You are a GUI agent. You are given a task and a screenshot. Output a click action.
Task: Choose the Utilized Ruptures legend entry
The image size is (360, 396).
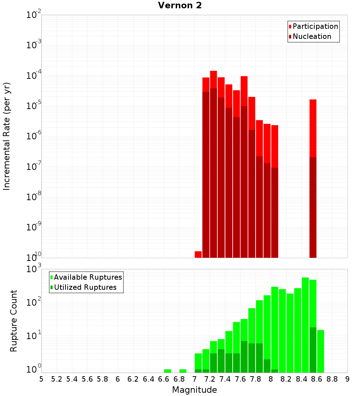pos(85,287)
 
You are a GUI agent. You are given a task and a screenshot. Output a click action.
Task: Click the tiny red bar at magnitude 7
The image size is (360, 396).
pos(198,255)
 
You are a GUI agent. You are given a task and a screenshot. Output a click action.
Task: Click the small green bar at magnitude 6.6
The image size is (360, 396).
pos(167,371)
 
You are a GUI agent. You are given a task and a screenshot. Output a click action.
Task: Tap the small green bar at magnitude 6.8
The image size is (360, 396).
pos(183,371)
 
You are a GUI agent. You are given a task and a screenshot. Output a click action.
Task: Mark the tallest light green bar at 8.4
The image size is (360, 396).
pos(305,324)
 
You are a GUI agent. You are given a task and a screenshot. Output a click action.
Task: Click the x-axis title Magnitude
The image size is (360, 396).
pos(194,390)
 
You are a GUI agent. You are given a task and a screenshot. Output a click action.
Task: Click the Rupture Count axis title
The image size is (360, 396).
pos(14,320)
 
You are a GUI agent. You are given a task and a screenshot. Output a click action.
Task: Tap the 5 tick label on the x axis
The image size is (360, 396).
pos(41,379)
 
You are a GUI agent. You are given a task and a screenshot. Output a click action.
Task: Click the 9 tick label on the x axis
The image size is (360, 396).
pos(347,379)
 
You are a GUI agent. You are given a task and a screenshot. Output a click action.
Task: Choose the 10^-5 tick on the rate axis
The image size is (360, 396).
pos(34,106)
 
